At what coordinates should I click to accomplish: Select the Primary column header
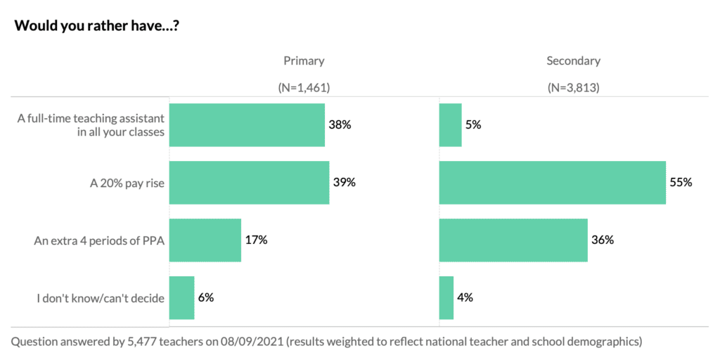tap(304, 61)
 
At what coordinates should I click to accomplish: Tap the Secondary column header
tap(573, 61)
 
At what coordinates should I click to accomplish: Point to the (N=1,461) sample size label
tap(304, 88)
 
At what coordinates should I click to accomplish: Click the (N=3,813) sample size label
tap(573, 88)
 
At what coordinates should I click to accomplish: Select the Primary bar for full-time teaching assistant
tap(247, 125)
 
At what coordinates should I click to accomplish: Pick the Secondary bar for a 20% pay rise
tap(552, 182)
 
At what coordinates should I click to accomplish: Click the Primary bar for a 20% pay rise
tap(249, 182)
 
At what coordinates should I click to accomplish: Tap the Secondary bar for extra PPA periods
tap(513, 240)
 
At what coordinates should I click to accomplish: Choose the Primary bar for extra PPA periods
tap(205, 240)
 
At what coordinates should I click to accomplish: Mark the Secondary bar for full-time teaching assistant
tap(450, 125)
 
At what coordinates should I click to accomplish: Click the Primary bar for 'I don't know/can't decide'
tap(181, 297)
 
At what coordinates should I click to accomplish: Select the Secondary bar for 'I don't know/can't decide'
tap(446, 297)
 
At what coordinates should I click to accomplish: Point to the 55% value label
tap(681, 182)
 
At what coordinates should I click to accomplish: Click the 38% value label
tap(339, 125)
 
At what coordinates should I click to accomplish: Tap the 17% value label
tap(256, 240)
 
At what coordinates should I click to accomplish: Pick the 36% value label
tap(603, 240)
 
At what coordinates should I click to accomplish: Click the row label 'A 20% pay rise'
tap(127, 183)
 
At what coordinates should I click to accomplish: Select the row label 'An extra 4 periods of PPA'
tap(99, 240)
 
